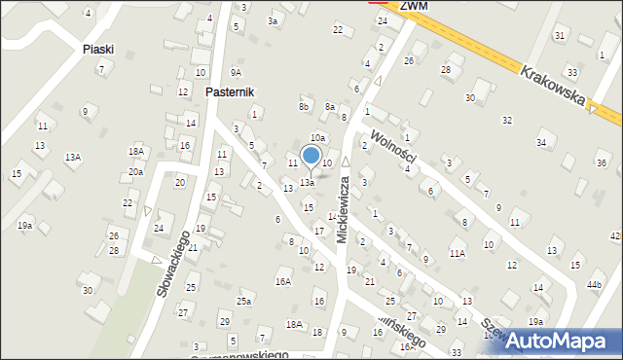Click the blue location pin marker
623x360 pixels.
pyautogui.click(x=311, y=156)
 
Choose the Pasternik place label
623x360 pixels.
pyautogui.click(x=230, y=91)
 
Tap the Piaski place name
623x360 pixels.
pyautogui.click(x=98, y=49)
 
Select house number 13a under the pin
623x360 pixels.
pyautogui.click(x=307, y=182)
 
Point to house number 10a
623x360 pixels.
pyautogui.click(x=317, y=138)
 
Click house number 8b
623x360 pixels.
pyautogui.click(x=304, y=106)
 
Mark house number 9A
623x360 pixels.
pyautogui.click(x=236, y=72)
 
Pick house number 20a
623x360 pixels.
pyautogui.click(x=135, y=171)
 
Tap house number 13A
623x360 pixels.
pyautogui.click(x=73, y=157)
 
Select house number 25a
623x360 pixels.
pyautogui.click(x=243, y=302)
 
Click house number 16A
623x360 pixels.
pyautogui.click(x=283, y=282)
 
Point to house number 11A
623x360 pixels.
pyautogui.click(x=457, y=253)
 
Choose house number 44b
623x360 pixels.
pyautogui.click(x=595, y=284)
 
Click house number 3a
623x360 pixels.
pyautogui.click(x=274, y=20)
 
